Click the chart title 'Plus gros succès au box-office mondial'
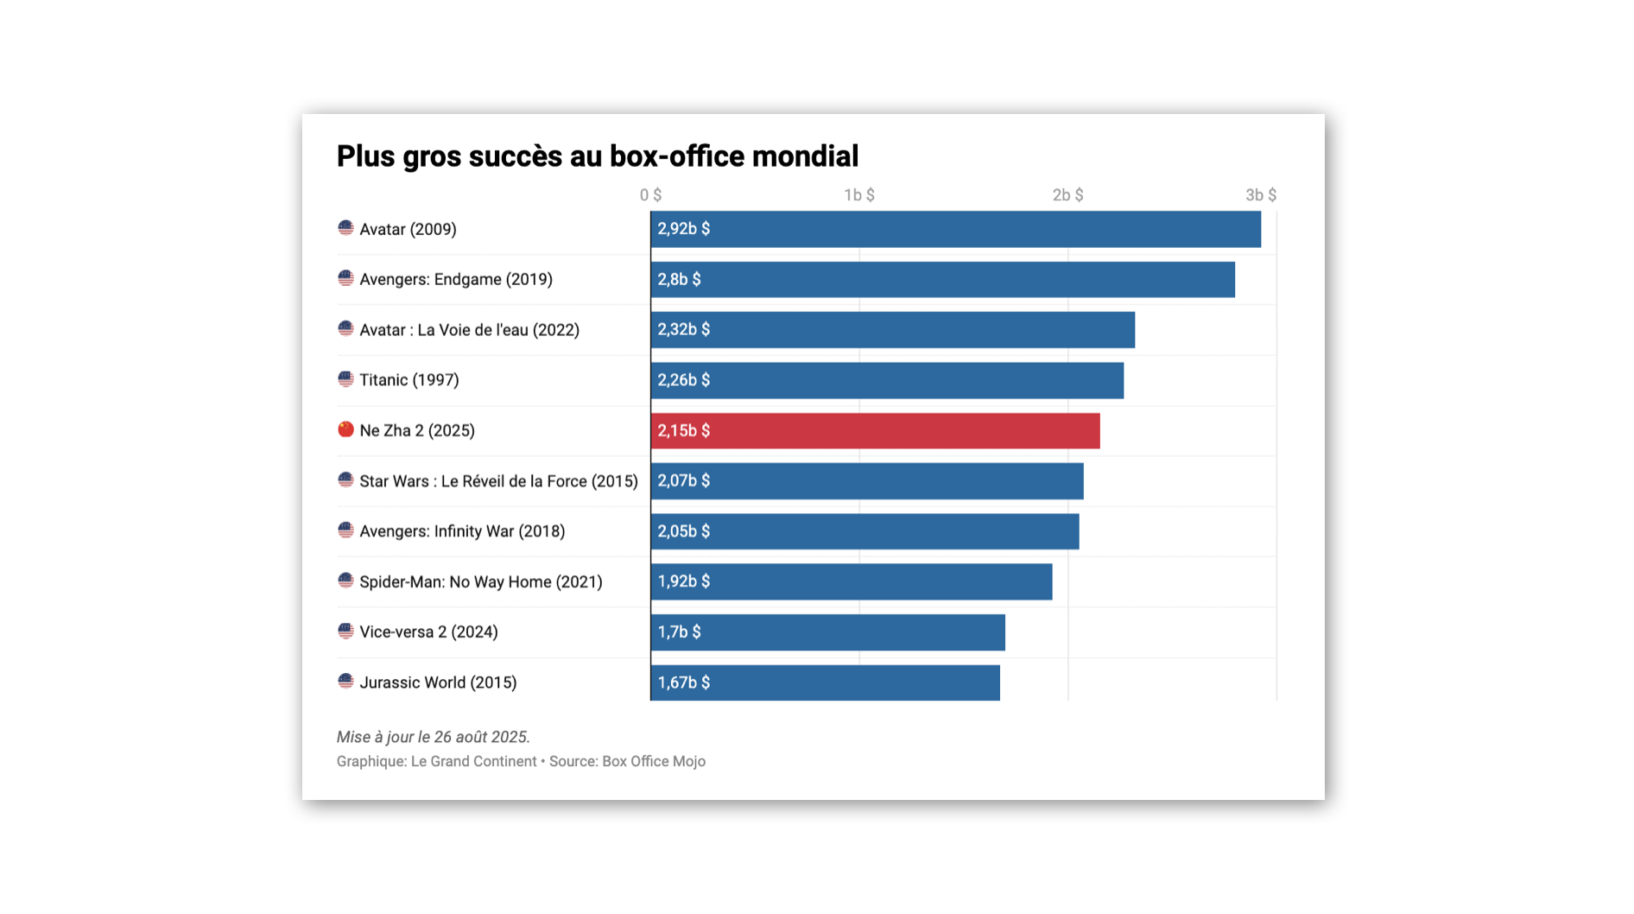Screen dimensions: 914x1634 coord(597,156)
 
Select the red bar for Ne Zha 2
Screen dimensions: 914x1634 coord(874,430)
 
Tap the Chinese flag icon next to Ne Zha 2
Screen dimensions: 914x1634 coord(345,429)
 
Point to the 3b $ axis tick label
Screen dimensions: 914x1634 coord(1260,195)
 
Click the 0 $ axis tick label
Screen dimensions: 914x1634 coord(650,195)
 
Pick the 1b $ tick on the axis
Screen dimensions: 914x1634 coord(858,195)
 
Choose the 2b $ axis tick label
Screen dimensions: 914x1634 coord(1067,195)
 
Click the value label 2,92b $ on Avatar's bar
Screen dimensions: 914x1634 coord(683,229)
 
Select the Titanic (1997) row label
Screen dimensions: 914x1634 coord(408,380)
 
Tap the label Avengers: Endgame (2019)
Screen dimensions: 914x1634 coord(455,279)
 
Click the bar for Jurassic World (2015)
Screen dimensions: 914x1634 coord(825,682)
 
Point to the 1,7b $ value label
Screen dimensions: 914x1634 coord(679,632)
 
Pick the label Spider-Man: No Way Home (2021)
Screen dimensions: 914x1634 coord(480,582)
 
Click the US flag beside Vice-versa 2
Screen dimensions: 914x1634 coord(345,632)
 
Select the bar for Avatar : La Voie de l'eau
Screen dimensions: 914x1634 coord(892,330)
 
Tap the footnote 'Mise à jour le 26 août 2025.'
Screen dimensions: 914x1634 coord(433,737)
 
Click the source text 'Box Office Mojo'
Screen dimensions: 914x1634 coord(653,761)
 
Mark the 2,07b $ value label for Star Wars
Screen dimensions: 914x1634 coord(683,480)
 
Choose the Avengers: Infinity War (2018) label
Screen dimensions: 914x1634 coord(462,531)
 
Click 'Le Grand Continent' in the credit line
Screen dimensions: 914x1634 coord(473,761)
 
